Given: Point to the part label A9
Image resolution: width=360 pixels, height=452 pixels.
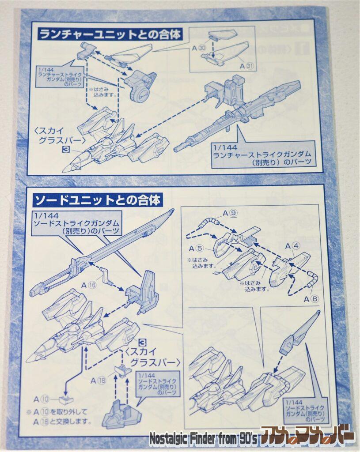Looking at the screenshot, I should pos(231,214).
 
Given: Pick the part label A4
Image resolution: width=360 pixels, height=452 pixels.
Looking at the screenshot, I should pos(293,245).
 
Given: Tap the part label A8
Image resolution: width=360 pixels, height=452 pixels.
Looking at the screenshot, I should pos(311,299).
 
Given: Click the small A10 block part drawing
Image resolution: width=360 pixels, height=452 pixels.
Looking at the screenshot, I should pos(65,399).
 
